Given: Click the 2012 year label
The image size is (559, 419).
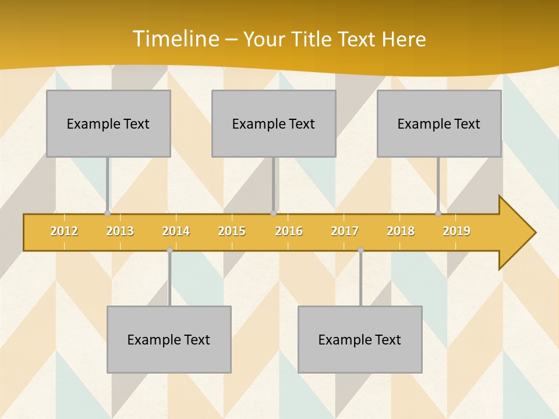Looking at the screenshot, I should point(64,231).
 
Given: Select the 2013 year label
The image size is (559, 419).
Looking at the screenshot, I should point(120,231).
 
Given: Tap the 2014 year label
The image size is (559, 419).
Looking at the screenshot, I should point(176,231).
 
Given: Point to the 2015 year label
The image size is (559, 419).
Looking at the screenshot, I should point(232,231).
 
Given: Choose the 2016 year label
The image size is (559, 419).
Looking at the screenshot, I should point(289,231).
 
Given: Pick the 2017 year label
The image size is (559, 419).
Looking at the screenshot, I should point(345,231).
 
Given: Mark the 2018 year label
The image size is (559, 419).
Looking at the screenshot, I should point(401,231).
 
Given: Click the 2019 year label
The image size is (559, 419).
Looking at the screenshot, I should point(457,231).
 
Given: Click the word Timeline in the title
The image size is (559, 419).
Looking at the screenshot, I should point(175,38).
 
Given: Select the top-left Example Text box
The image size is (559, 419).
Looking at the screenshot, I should point(108,123).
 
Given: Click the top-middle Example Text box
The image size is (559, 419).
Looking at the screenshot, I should point(274,123).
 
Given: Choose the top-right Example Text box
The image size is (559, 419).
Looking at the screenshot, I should point(439,123).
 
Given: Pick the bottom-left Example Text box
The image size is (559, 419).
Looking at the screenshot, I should point(169,339).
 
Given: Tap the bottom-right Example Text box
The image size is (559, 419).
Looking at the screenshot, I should point(360,339).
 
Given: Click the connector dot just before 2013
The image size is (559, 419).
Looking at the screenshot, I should point(107,214).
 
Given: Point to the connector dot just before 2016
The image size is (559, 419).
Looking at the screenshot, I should point(273,214).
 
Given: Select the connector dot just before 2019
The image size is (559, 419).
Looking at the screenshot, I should point(438,214).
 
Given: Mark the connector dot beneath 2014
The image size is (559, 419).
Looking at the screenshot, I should point(169,250).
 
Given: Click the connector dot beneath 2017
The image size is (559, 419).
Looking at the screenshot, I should point(360,250).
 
